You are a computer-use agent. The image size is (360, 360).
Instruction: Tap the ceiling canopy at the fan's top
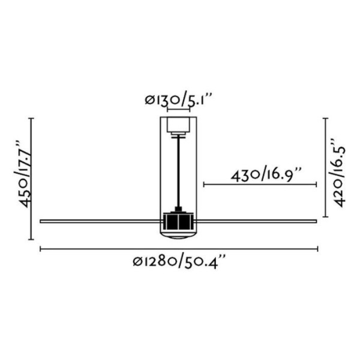[x=178, y=125]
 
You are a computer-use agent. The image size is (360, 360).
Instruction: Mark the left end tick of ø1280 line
[x=40, y=248]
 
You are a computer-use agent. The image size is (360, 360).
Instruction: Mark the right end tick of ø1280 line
[x=316, y=248]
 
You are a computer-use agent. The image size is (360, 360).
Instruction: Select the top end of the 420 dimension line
[x=325, y=118]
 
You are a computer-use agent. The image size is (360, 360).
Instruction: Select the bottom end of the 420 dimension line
[x=325, y=217]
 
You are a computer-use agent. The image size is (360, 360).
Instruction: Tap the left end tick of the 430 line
[x=204, y=185]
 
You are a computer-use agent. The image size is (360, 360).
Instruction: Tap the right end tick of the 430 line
[x=316, y=185]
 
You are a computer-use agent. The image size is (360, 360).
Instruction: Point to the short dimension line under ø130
[x=178, y=110]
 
